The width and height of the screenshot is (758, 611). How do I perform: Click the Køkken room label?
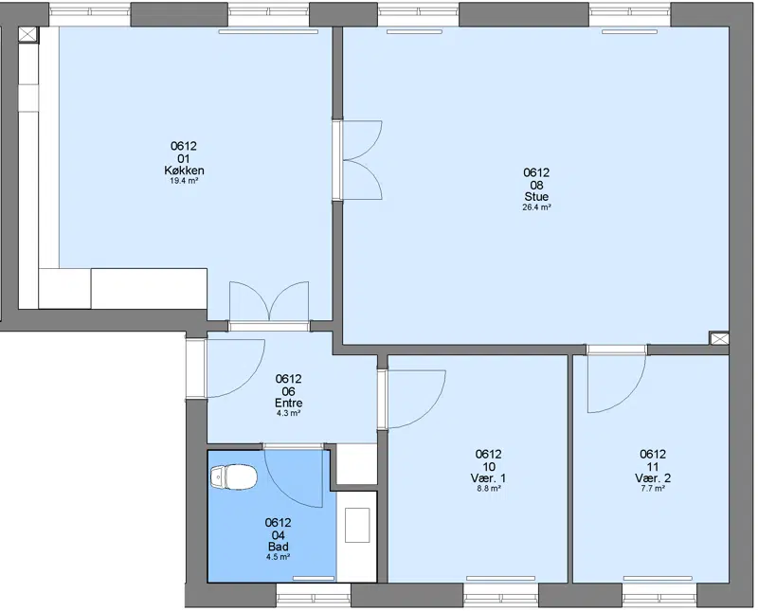tap(184, 171)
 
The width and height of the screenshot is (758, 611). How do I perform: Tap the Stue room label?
tap(536, 196)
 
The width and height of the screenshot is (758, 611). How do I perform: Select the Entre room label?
tap(289, 403)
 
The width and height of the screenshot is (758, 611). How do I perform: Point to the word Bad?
tap(278, 547)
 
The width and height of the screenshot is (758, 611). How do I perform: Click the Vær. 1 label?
tap(488, 478)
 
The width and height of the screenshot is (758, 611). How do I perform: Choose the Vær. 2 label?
tap(653, 478)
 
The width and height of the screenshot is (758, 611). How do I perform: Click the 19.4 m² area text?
tap(184, 181)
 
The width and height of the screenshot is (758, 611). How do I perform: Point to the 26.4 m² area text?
tap(536, 207)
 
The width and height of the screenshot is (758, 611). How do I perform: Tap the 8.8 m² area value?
tap(488, 489)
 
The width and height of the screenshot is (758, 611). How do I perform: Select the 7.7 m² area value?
tap(653, 489)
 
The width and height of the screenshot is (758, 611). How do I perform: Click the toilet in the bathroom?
tap(234, 477)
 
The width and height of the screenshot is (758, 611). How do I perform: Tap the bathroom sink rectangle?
tap(357, 525)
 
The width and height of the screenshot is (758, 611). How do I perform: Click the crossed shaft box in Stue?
tap(719, 338)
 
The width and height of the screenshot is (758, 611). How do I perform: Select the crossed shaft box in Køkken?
tap(28, 34)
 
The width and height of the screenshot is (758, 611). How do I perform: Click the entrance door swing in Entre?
tap(247, 382)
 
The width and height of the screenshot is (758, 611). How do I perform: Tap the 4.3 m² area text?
tap(289, 413)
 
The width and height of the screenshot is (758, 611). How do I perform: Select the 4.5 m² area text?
tap(278, 557)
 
